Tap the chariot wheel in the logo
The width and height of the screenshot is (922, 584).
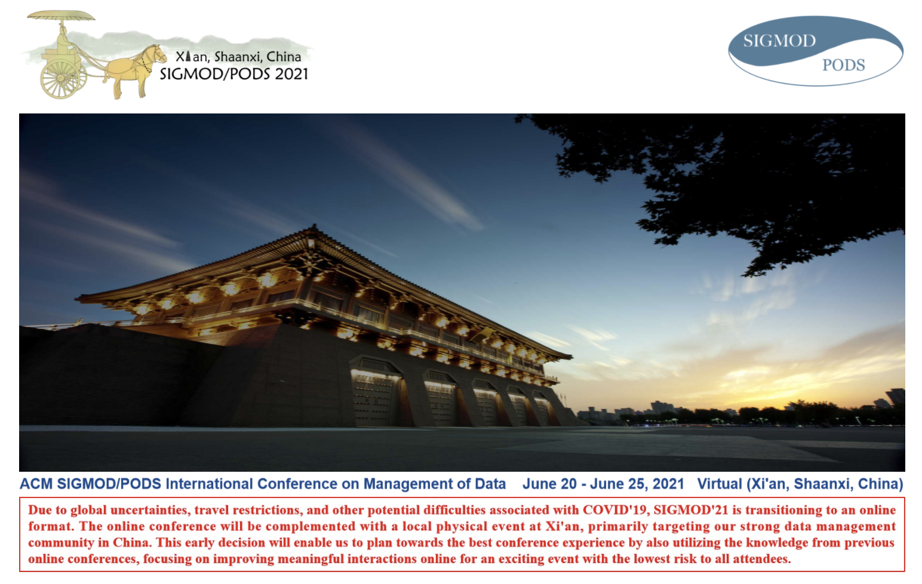(x=60, y=78)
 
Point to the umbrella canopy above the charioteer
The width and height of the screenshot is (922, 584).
(x=61, y=16)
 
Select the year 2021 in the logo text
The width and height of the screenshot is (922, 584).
(x=291, y=74)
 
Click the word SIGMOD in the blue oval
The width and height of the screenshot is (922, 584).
(x=779, y=41)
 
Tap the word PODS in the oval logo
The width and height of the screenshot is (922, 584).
(x=843, y=65)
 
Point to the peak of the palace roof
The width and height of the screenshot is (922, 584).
(x=315, y=226)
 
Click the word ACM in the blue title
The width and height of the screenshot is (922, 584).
(x=36, y=484)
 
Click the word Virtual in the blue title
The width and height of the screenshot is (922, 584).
(x=720, y=484)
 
